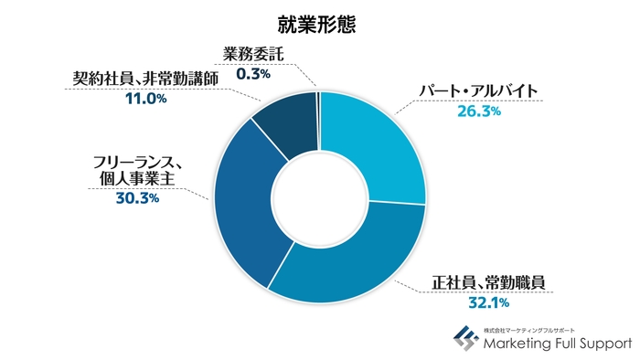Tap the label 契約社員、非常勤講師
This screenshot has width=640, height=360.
(x=145, y=78)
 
